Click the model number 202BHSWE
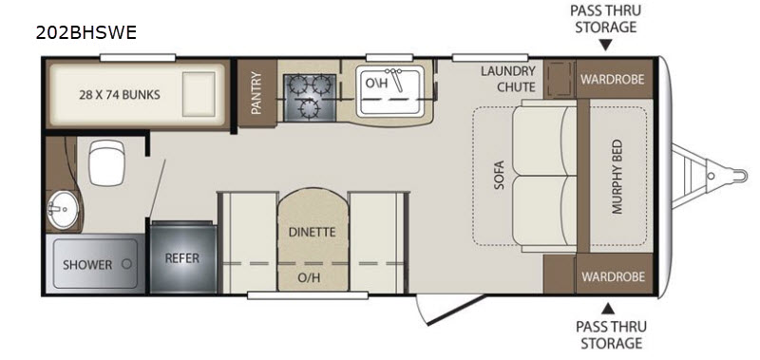pyautogui.click(x=86, y=32)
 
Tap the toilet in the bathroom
pyautogui.click(x=106, y=162)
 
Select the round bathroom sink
pyautogui.click(x=62, y=209)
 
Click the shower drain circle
pyautogui.click(x=127, y=265)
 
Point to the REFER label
pyautogui.click(x=182, y=258)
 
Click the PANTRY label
pyautogui.click(x=256, y=93)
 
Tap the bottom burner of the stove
pyautogui.click(x=308, y=107)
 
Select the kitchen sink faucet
pyautogui.click(x=397, y=79)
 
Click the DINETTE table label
pyautogui.click(x=313, y=232)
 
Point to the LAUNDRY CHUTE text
pyautogui.click(x=508, y=79)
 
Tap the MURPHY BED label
pyautogui.click(x=617, y=177)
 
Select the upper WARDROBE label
pyautogui.click(x=613, y=80)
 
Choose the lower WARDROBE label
pyautogui.click(x=613, y=276)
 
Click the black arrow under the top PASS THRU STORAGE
pyautogui.click(x=606, y=46)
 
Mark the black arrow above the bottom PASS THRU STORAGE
pyautogui.click(x=609, y=309)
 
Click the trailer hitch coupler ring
pyautogui.click(x=739, y=175)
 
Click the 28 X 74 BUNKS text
pyautogui.click(x=120, y=94)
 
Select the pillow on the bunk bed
pyautogui.click(x=199, y=94)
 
